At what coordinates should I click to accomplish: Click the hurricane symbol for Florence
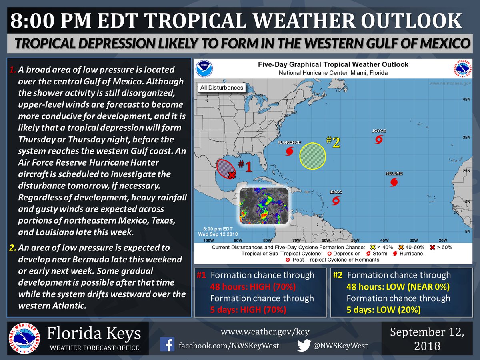click(290, 151)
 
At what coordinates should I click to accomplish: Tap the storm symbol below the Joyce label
click(378, 140)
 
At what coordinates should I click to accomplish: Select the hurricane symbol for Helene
click(394, 182)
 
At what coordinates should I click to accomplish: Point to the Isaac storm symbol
click(336, 200)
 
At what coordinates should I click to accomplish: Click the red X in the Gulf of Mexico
click(231, 175)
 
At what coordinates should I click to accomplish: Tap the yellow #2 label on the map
click(333, 142)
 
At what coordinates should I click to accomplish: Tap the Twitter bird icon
click(304, 345)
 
